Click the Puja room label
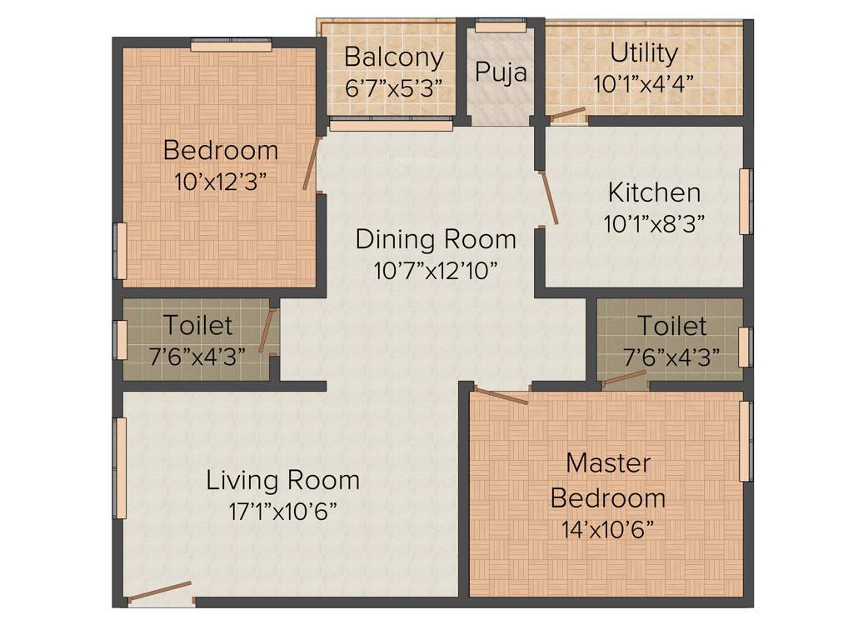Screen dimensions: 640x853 tap(501, 72)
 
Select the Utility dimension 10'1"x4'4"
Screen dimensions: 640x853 tap(644, 83)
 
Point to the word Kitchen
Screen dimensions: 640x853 tap(654, 192)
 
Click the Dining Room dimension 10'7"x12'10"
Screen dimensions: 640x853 tap(436, 270)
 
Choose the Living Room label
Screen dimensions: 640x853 tap(283, 480)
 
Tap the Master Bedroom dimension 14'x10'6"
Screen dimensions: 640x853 tap(608, 528)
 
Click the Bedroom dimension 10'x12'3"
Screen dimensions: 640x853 tap(221, 182)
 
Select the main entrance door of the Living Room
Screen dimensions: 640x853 tap(159, 591)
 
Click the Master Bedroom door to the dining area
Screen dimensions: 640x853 tap(501, 396)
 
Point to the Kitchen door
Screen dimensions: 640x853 tap(550, 198)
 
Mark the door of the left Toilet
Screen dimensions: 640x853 tap(267, 331)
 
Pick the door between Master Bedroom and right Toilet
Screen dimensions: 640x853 tap(623, 380)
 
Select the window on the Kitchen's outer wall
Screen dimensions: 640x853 tap(745, 202)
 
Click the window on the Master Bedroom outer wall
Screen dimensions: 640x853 tap(746, 442)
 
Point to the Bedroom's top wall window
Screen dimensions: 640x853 tap(231, 46)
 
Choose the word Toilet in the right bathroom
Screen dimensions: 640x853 tap(671, 325)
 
